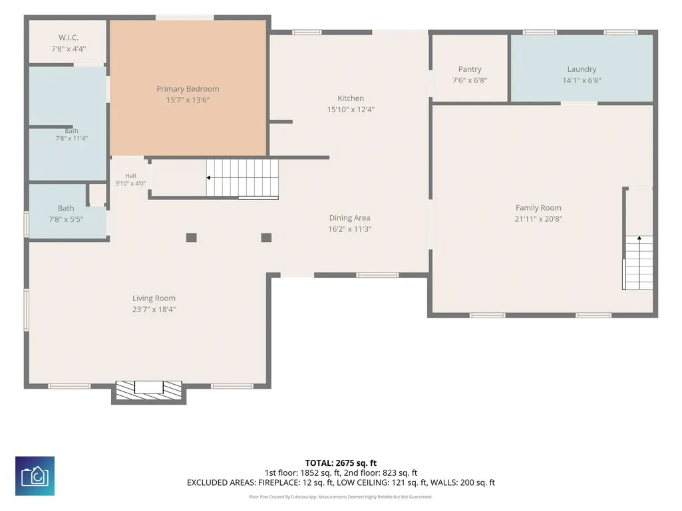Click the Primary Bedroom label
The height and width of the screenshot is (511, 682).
(188, 89)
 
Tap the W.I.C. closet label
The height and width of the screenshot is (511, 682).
(69, 38)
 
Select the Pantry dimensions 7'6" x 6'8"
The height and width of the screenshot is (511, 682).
(470, 80)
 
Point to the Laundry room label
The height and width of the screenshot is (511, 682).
(582, 69)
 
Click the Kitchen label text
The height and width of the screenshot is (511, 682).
(351, 98)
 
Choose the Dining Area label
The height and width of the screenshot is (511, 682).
(350, 218)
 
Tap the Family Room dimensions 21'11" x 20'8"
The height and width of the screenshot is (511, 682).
(538, 219)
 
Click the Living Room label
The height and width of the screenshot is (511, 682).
(154, 298)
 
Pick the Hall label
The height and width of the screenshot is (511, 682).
(130, 176)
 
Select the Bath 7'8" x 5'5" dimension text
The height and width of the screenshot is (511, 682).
(66, 219)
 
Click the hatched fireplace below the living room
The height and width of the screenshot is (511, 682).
(149, 390)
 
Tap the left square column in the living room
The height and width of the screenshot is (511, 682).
(192, 238)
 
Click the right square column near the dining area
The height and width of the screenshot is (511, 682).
(266, 238)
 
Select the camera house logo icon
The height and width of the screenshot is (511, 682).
(35, 476)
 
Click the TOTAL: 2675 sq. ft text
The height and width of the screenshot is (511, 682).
(341, 462)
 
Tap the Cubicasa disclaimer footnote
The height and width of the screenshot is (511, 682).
(341, 496)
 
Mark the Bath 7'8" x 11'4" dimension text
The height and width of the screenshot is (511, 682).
(71, 139)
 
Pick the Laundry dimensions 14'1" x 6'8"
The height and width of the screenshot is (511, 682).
(582, 80)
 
